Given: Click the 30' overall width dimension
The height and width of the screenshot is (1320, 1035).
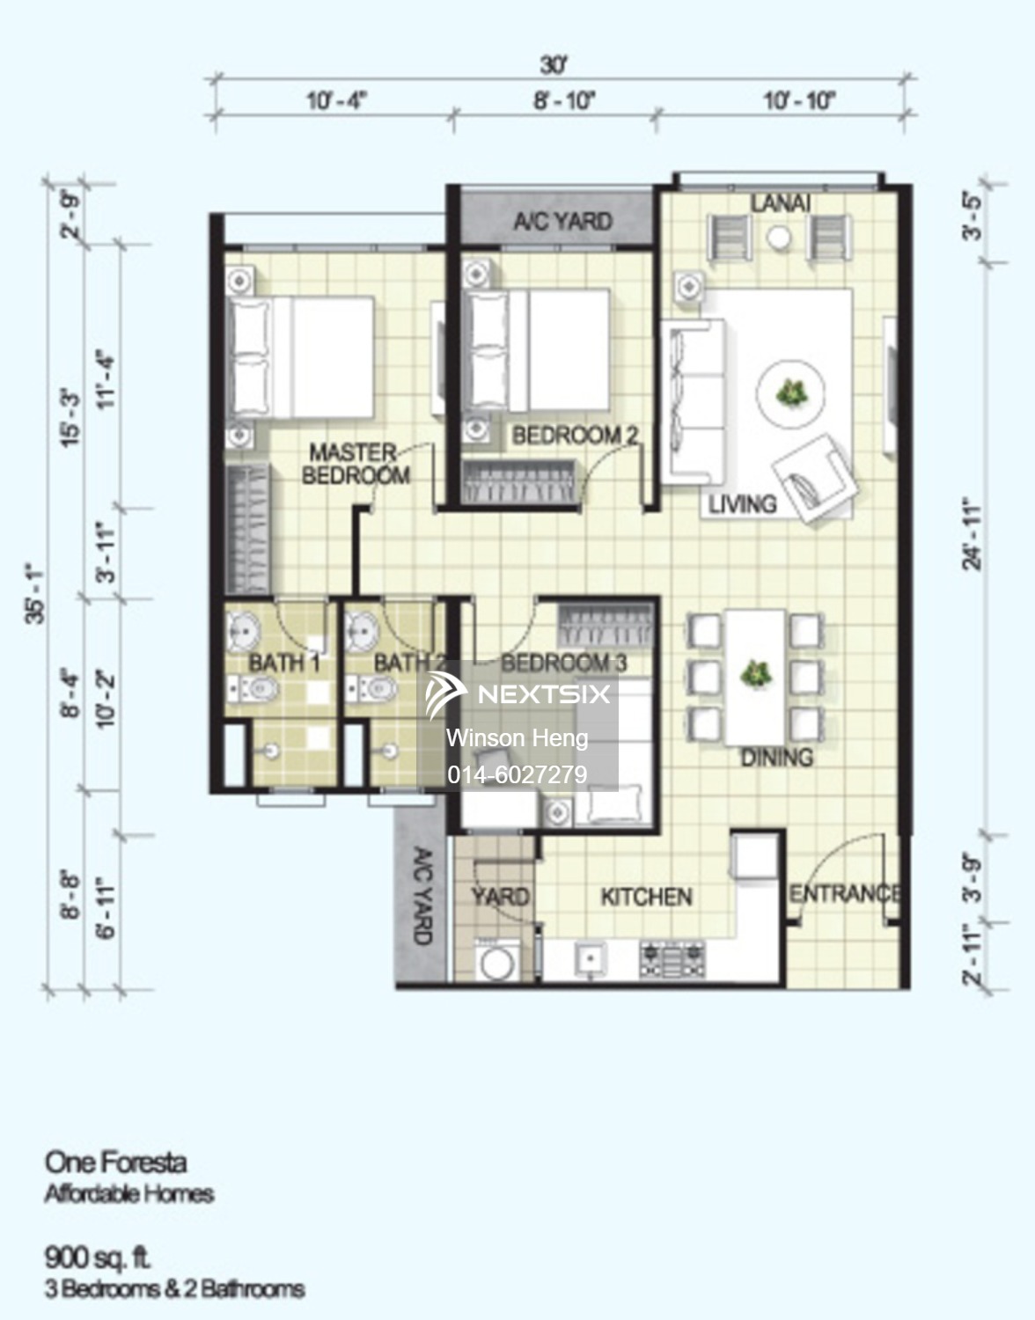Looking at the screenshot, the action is coord(554,66).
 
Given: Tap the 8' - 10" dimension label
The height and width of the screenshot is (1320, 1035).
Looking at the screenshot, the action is coord(564,101).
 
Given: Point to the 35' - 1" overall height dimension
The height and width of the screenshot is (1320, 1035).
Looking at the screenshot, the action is coord(36,595).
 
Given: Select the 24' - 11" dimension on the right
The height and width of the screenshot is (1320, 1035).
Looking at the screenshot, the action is coord(973,535).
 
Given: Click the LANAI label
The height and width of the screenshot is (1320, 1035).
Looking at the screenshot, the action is coord(781,203).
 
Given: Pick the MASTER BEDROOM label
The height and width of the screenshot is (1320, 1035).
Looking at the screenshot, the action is coord(356,463).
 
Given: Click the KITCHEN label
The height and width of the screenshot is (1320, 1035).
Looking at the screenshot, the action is coord(646,897).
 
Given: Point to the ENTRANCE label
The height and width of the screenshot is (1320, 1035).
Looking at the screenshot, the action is coord(845,893).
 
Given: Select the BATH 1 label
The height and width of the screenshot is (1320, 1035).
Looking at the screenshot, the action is coord(284,663).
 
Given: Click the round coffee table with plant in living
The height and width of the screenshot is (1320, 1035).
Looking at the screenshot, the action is coord(789,393).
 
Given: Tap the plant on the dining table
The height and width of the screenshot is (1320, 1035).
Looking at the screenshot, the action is coord(756,674).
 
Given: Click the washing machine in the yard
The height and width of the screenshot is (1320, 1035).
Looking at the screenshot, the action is coord(497,960).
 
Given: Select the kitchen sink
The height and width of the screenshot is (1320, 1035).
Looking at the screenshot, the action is coord(590,959).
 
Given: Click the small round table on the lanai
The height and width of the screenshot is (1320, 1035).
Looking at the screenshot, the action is coord(779,237).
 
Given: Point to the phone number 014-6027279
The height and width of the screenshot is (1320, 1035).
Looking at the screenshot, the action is coord(517,774).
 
